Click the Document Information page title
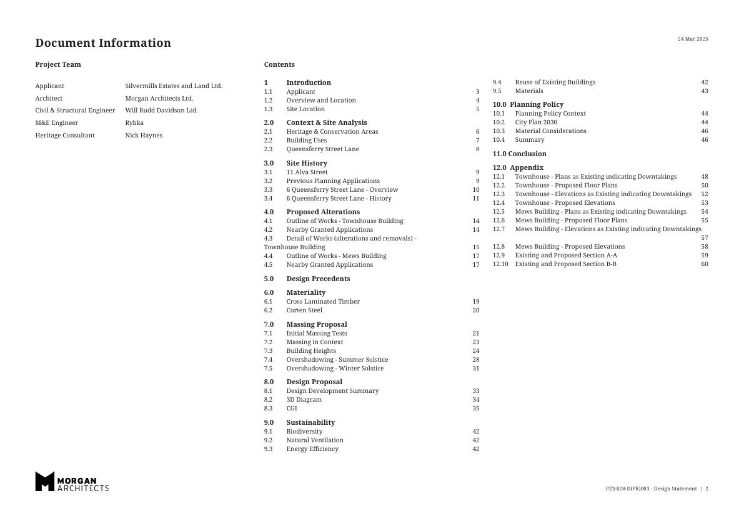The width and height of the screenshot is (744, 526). pyautogui.click(x=103, y=43)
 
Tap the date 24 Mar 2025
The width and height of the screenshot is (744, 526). pyautogui.click(x=693, y=39)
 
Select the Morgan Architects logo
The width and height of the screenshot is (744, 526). pyautogui.click(x=72, y=482)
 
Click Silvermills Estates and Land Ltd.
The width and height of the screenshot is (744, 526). pyautogui.click(x=174, y=86)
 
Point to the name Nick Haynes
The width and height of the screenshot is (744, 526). pyautogui.click(x=144, y=136)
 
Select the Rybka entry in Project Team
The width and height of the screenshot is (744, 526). pyautogui.click(x=134, y=123)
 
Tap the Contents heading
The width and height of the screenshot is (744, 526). pyautogui.click(x=279, y=65)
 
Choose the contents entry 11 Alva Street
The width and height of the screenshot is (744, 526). pyautogui.click(x=307, y=172)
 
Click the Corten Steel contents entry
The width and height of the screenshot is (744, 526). pyautogui.click(x=304, y=310)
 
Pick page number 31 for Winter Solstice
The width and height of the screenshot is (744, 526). pyautogui.click(x=476, y=369)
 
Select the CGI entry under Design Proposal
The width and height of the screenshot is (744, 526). pyautogui.click(x=292, y=409)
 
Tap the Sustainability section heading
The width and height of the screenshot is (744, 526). pyautogui.click(x=310, y=423)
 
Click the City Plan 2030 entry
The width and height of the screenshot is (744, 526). pyautogui.click(x=536, y=122)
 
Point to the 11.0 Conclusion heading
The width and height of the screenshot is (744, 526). pyautogui.click(x=519, y=154)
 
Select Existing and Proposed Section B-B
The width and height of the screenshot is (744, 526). pyautogui.click(x=565, y=264)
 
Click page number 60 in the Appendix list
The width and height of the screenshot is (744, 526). pyautogui.click(x=705, y=264)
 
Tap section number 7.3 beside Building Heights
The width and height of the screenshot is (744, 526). pyautogui.click(x=268, y=351)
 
